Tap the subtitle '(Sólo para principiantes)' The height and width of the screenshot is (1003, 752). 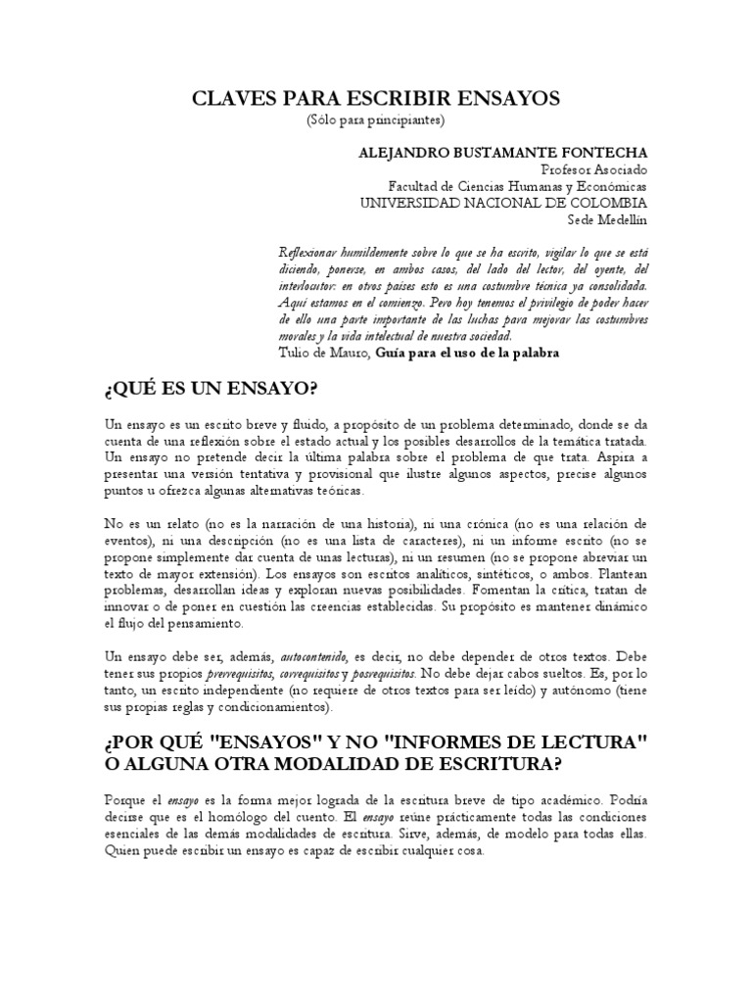click(x=375, y=120)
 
